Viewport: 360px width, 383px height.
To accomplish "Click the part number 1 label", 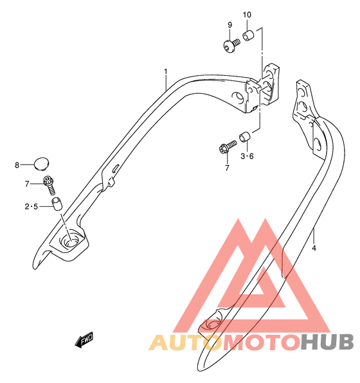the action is point(166,71).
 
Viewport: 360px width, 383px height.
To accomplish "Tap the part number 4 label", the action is point(314,248).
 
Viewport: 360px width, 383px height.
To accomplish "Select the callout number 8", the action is point(17,165).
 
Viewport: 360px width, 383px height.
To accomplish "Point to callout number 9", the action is point(230,24).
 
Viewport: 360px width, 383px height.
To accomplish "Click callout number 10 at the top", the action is point(247,15).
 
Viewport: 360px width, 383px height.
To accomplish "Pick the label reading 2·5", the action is point(32,207).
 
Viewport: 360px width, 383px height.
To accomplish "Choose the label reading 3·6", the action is point(247,156).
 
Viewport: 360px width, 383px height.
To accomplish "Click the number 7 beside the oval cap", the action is point(27,184).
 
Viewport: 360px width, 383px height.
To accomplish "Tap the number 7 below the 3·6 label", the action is point(228,168).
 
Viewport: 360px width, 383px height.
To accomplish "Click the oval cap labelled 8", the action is point(41,163).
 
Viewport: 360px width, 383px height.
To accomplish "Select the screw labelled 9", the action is point(231,46).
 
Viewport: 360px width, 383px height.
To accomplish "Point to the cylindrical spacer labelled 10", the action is point(248,35).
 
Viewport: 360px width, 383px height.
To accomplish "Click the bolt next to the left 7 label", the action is point(50,185).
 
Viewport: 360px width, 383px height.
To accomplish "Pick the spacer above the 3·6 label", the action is point(244,137).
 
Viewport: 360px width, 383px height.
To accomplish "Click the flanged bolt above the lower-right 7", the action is point(228,147).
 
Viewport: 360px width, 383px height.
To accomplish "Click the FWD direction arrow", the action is point(84,339).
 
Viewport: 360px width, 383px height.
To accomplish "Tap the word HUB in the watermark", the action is point(327,342).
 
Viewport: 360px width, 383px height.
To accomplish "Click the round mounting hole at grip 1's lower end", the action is point(70,238).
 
